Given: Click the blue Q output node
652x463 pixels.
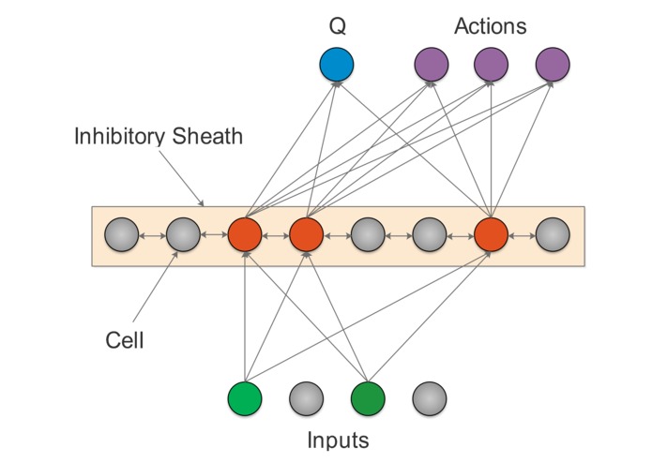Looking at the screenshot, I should tap(336, 65).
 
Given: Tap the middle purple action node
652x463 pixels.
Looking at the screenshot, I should tap(491, 65).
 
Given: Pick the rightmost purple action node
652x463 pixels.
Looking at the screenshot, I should tap(552, 65).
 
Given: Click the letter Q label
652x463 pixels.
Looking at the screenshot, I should tap(336, 26).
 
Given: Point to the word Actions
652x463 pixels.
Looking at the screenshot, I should tap(490, 26).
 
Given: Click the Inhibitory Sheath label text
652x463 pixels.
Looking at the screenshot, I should tap(159, 137).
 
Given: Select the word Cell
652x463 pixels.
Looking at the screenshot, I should tap(124, 339).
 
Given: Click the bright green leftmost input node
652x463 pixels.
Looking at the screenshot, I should tap(245, 399).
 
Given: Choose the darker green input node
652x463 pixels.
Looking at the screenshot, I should tap(367, 399).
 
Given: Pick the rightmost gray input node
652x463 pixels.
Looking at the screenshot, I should tap(429, 399).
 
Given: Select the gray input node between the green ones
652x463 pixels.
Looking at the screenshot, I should tap(306, 399).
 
